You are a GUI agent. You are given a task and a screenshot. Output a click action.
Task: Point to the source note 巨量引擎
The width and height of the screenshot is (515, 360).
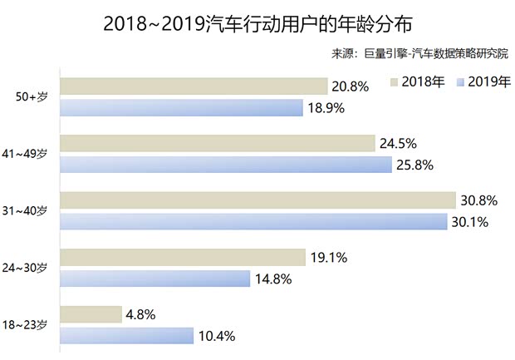[x=418, y=55]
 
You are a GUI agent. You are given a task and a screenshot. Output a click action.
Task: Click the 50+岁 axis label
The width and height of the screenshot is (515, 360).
[x=33, y=97]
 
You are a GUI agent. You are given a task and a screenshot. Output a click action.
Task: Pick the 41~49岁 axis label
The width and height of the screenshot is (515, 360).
[x=30, y=154]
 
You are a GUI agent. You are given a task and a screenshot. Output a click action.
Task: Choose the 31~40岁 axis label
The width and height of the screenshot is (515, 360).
[x=30, y=211]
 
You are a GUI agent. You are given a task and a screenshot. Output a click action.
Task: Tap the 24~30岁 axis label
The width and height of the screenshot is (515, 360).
[x=30, y=268]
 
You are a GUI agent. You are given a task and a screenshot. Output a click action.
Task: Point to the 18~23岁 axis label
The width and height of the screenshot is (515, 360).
[x=30, y=325]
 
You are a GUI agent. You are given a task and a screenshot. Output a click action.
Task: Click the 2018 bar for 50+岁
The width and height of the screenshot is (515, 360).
[x=194, y=86]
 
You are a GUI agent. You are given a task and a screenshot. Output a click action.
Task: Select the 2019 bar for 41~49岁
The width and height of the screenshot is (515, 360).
[x=227, y=165]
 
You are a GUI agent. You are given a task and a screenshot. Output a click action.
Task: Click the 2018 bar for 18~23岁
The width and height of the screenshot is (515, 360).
[x=92, y=314]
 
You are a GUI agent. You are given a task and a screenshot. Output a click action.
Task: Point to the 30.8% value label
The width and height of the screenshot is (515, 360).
[x=479, y=200]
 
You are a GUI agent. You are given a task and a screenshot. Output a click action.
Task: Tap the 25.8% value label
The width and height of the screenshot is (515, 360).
[x=415, y=165]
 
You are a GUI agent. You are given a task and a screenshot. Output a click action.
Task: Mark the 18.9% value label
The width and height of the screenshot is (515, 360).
[x=326, y=108]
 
